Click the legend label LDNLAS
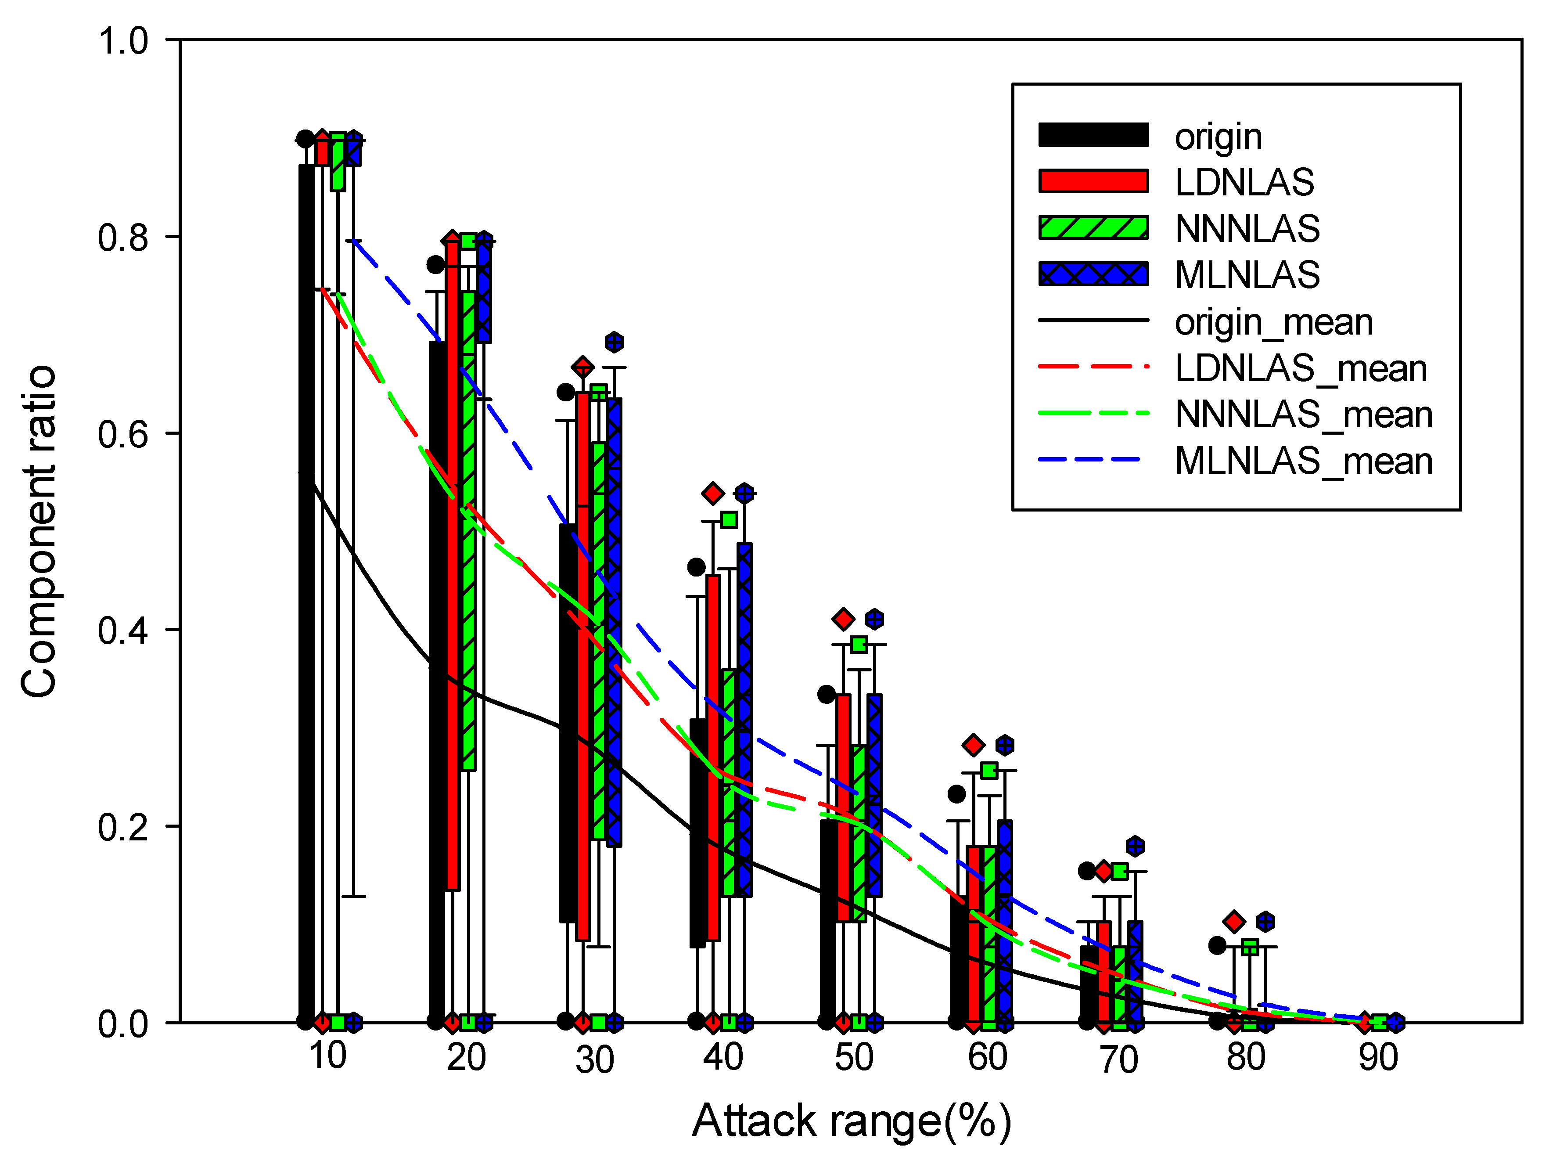1244,182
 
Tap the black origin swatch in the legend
1093,135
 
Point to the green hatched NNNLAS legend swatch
1093,227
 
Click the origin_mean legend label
1274,322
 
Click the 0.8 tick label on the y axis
123,237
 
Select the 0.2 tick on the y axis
123,827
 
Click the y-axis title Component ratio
38,531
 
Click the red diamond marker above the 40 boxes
712,494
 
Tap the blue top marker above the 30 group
614,342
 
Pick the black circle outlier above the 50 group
826,694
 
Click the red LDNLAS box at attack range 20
453,565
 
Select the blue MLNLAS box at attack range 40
744,718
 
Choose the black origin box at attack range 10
306,593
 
